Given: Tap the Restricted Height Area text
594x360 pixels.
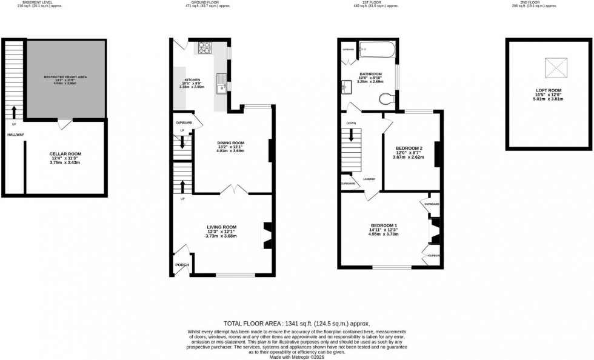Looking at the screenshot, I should click(65, 77).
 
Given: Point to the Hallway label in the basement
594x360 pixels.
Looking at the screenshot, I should click(16, 135).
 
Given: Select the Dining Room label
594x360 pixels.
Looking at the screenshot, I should click(231, 142).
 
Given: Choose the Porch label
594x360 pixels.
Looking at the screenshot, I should click(182, 264).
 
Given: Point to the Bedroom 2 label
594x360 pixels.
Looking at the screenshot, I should click(409, 148).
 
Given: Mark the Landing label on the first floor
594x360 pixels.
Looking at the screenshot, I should click(369, 179).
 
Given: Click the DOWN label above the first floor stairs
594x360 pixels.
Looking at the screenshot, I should click(351, 123).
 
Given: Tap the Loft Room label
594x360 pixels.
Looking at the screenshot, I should click(548, 90).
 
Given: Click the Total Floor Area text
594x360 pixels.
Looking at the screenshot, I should click(296, 324).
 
